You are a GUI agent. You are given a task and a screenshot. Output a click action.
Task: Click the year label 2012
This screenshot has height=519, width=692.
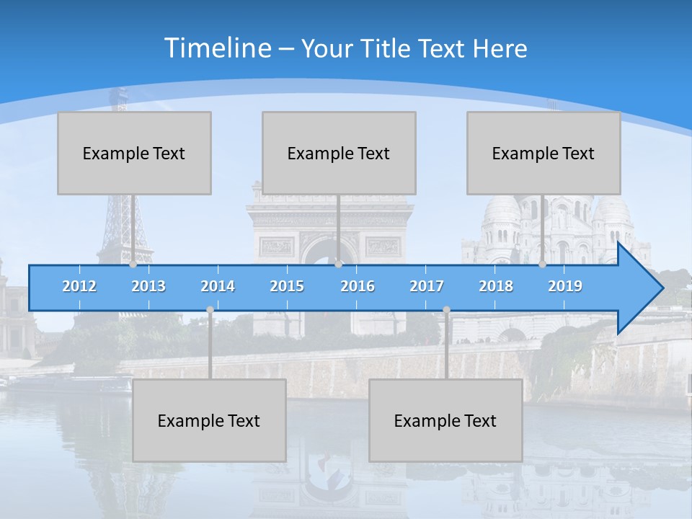coord(79,286)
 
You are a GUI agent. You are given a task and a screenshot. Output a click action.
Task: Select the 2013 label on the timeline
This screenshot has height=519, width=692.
coord(148,286)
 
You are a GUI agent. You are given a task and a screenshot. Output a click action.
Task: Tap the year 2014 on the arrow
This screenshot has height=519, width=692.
coord(218,286)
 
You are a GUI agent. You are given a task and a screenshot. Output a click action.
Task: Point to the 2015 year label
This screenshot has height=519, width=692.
coord(287,286)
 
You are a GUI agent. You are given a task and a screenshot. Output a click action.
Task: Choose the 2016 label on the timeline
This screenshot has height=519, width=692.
coord(358,286)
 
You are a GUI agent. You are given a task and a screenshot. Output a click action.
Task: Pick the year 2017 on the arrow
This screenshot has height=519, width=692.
coord(427,286)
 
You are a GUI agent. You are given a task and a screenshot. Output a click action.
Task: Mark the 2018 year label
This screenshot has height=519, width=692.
coord(496,286)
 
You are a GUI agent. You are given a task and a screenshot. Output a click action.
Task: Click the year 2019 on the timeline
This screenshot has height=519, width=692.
coord(565,286)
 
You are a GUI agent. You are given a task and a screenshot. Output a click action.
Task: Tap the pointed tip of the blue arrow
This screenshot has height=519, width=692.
coord(661,288)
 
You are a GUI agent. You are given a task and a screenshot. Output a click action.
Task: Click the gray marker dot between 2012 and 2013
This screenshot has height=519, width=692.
coord(133,264)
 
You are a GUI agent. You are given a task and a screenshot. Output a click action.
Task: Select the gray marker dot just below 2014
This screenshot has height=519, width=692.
coord(210,309)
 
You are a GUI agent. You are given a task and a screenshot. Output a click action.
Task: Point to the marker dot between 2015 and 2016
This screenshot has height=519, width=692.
coord(338,264)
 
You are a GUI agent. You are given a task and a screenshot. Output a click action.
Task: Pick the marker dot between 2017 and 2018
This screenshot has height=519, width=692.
coord(446,309)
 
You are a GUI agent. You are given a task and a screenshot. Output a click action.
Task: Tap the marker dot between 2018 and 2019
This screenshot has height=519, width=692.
coord(542,264)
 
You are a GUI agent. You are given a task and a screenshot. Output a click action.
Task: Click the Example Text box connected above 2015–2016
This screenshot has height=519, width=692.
coord(339,153)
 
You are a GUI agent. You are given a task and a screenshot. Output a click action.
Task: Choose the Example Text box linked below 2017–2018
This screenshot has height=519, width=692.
coord(445,420)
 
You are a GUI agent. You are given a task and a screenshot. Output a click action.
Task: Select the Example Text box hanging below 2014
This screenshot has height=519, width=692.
coord(209,420)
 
